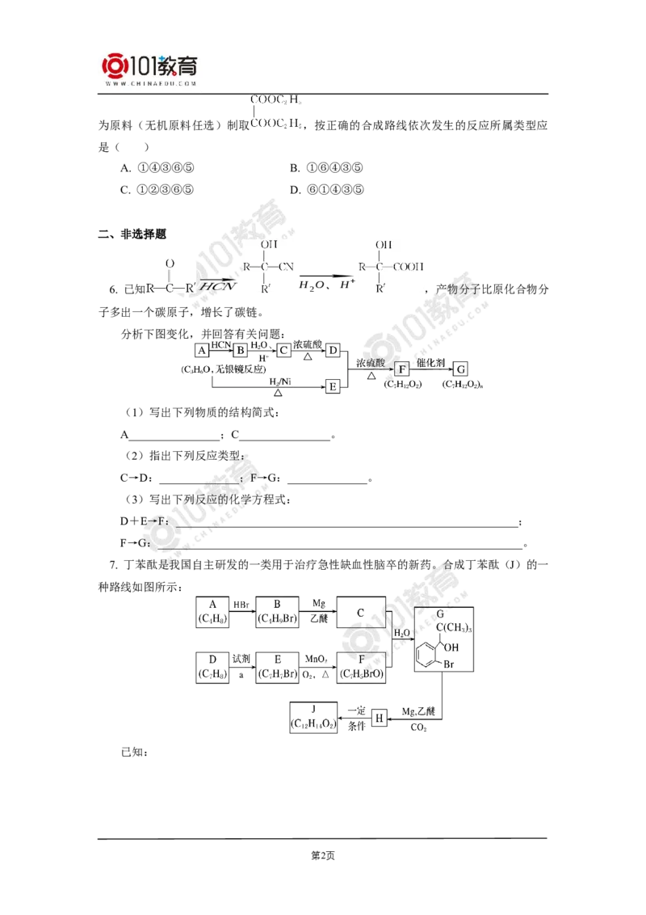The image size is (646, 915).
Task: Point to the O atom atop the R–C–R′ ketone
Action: pos(169,264)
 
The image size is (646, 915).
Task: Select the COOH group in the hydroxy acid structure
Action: pos(409,266)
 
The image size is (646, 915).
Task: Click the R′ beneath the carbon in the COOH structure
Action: pos(381,288)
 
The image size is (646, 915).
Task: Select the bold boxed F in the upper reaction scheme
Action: pos(402,369)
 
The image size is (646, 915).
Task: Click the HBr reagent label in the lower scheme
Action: pos(241,604)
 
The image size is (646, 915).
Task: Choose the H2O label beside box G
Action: pos(401,634)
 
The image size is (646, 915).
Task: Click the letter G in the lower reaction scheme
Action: pos(440,614)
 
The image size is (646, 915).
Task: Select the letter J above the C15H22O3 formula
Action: pos(313,706)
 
